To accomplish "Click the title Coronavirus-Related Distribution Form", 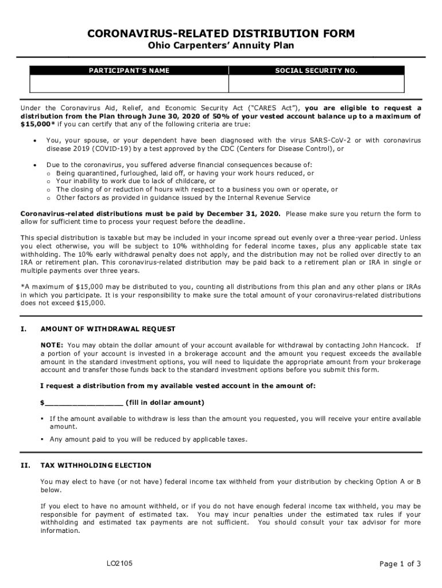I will click(221, 34).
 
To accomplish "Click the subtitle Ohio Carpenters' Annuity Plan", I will click(221, 47).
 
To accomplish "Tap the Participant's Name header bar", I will click(129, 71).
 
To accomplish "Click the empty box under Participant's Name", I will click(129, 84).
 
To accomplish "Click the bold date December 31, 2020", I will click(245, 214).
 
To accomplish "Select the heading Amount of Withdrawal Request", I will click(108, 329).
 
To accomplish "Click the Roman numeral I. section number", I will click(24, 329).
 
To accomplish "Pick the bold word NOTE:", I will click(52, 345).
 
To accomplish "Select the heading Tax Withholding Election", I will click(96, 465).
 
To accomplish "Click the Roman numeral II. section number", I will click(25, 465).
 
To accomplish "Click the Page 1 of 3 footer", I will click(400, 564).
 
